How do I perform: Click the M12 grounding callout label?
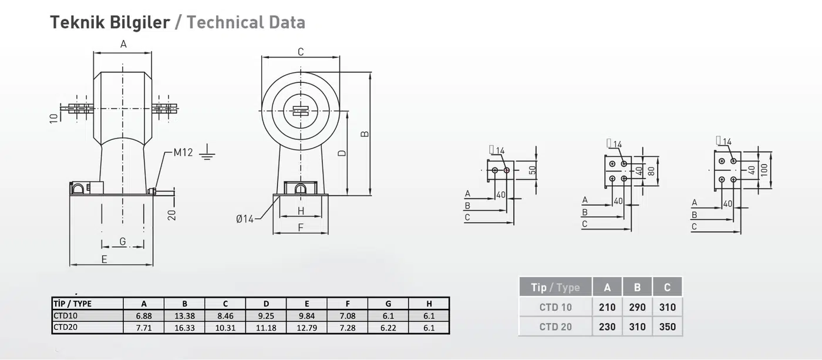click(183, 152)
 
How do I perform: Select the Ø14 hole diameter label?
click(245, 219)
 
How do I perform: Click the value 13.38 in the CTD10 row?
click(184, 315)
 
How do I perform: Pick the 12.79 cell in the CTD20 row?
click(306, 327)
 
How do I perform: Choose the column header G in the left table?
click(388, 304)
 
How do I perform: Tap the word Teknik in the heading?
click(73, 22)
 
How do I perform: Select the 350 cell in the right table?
click(667, 327)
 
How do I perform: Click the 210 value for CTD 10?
click(607, 307)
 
